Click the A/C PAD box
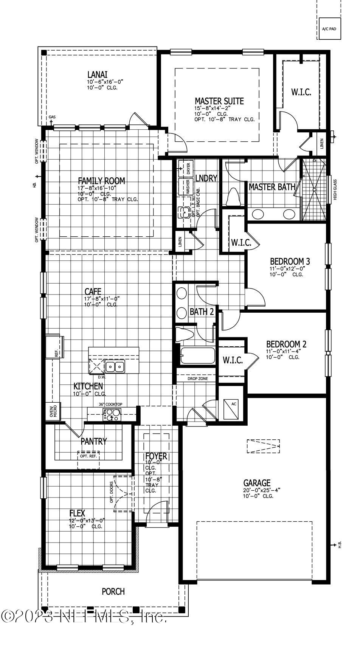point(329,28)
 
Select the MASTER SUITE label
point(219,101)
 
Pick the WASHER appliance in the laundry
point(187,187)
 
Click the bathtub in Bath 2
point(197,356)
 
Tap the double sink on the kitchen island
point(115,366)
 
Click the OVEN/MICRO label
point(53,411)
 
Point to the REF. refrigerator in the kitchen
point(55,347)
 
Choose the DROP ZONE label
point(197,378)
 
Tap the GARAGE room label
point(257,483)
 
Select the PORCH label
point(113,591)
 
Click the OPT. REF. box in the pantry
point(88,456)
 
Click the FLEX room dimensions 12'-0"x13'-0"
point(87,520)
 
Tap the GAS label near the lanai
point(52,117)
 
